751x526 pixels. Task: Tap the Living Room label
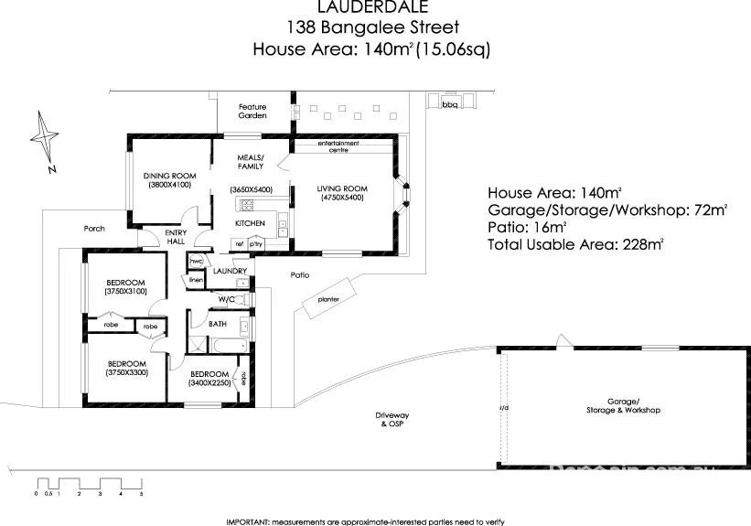(341, 188)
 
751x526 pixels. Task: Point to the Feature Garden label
(252, 112)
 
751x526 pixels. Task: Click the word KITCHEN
(250, 223)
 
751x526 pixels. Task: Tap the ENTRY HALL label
(176, 238)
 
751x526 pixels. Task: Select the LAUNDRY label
(230, 271)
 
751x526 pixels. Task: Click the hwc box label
(196, 261)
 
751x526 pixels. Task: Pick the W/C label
(227, 299)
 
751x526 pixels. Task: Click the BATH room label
(218, 324)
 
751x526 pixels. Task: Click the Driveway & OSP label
(390, 420)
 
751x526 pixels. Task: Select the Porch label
(93, 229)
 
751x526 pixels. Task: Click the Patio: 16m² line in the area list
(528, 227)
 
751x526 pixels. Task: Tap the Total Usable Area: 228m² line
(574, 244)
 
